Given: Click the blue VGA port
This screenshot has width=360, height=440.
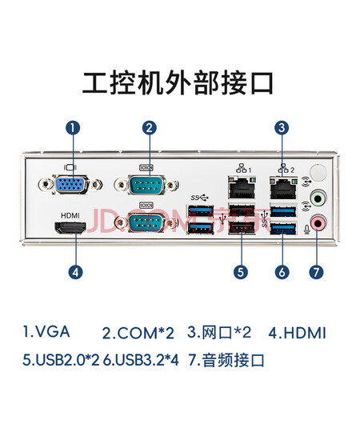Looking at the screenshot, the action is click(x=70, y=184).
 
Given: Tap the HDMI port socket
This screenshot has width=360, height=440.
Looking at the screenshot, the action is click(x=70, y=228).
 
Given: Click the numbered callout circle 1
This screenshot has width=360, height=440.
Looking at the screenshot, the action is click(x=73, y=128).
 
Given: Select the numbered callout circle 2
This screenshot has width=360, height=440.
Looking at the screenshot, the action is click(x=150, y=128).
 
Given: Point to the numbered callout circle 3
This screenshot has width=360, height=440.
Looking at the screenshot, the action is click(x=282, y=128).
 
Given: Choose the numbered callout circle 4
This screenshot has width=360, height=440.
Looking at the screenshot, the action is click(x=76, y=272).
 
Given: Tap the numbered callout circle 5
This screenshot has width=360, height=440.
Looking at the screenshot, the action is click(x=241, y=272).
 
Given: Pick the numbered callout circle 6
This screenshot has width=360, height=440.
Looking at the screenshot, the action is click(x=282, y=272).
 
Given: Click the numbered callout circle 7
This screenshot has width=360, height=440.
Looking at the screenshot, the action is click(x=316, y=272).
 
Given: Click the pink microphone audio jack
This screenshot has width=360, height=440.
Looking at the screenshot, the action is click(x=318, y=223).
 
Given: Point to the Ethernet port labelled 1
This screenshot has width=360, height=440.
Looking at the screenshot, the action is click(x=242, y=187).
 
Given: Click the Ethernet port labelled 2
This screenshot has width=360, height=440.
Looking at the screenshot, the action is click(x=283, y=187).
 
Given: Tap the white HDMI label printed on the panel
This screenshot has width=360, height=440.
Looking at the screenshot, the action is click(x=70, y=215).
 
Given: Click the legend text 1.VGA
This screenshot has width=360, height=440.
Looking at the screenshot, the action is click(x=46, y=331).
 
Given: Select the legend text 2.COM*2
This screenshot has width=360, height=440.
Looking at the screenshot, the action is click(x=138, y=333).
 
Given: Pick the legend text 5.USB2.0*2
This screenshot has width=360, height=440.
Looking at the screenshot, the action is click(x=61, y=360).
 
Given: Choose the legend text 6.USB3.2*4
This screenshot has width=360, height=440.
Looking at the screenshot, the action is click(x=141, y=360).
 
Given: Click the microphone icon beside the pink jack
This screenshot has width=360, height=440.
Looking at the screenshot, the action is click(x=306, y=230).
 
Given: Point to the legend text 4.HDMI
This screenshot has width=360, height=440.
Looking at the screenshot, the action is click(x=298, y=333).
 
